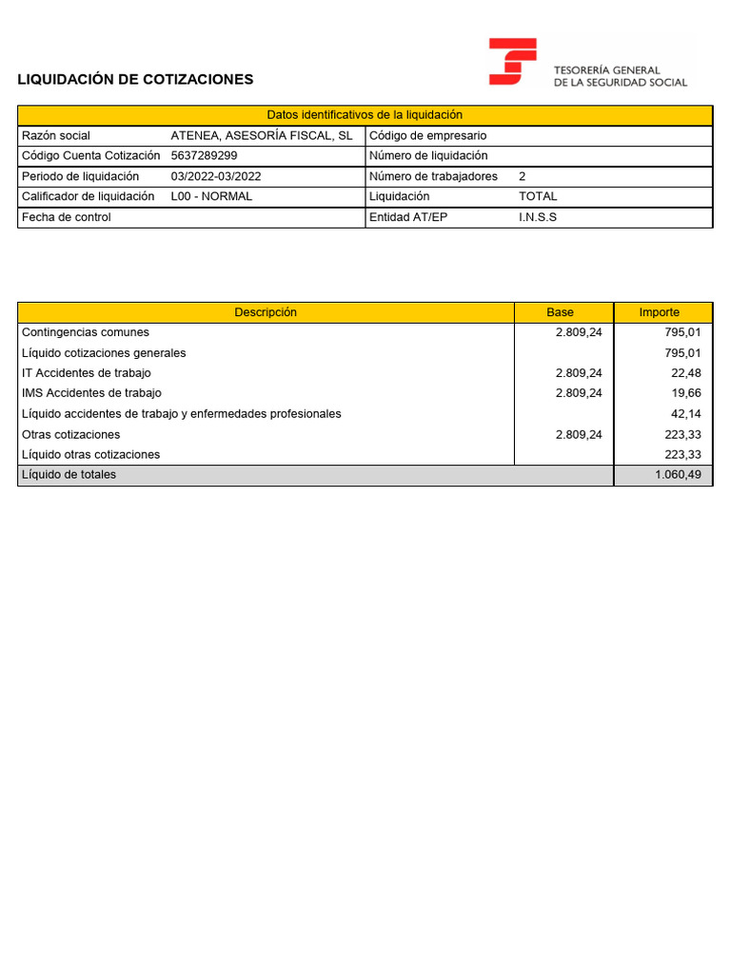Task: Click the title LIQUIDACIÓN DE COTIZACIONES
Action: (135, 79)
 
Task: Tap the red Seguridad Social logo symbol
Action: (512, 62)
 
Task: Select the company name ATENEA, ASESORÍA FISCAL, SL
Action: (261, 135)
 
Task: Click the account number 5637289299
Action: (204, 155)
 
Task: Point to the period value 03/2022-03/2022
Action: (215, 176)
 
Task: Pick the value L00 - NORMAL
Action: (211, 196)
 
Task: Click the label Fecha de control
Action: (66, 217)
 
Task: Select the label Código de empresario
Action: (427, 135)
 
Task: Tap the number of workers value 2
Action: (522, 176)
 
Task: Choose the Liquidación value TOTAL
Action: (538, 196)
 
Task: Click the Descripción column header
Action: (266, 312)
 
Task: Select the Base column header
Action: (560, 312)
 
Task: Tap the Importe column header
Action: (659, 312)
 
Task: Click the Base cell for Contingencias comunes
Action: (579, 332)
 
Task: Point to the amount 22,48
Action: (685, 372)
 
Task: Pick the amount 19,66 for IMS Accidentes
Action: (685, 392)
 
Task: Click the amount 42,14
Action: (685, 413)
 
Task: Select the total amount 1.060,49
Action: (678, 474)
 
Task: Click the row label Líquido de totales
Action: (69, 474)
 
